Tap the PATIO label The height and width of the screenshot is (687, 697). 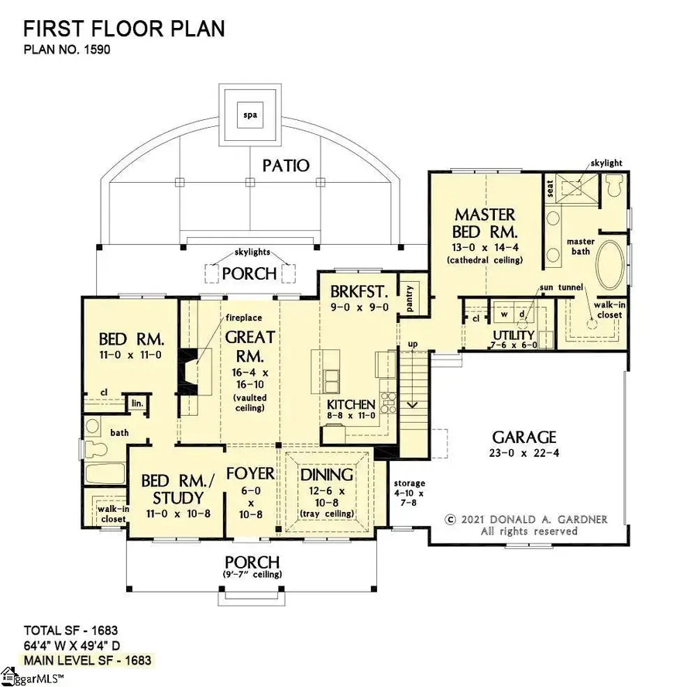pos(285,165)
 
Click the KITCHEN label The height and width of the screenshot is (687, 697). pos(352,405)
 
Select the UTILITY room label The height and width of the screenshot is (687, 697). pos(514,335)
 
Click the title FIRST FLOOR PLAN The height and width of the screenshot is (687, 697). pos(124,29)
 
